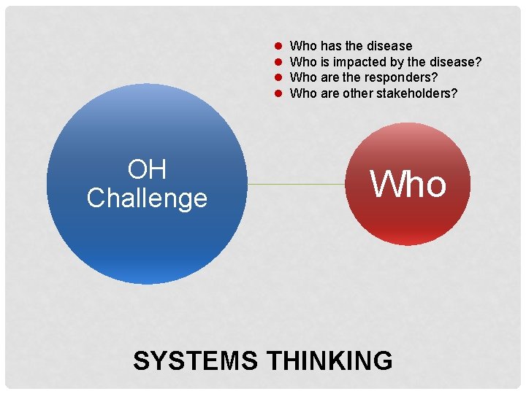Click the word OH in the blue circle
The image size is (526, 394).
point(147,170)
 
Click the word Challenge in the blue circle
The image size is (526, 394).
point(147,198)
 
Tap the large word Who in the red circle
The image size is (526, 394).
point(408,183)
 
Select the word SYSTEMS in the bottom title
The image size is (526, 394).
point(195,360)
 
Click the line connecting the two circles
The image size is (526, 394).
point(296,185)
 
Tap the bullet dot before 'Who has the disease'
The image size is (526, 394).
point(278,46)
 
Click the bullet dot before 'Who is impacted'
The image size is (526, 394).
point(278,62)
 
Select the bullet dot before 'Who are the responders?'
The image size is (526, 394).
point(278,77)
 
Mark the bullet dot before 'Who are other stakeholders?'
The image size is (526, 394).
point(278,93)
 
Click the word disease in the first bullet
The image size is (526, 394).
point(388,46)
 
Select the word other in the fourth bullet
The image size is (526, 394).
point(358,93)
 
